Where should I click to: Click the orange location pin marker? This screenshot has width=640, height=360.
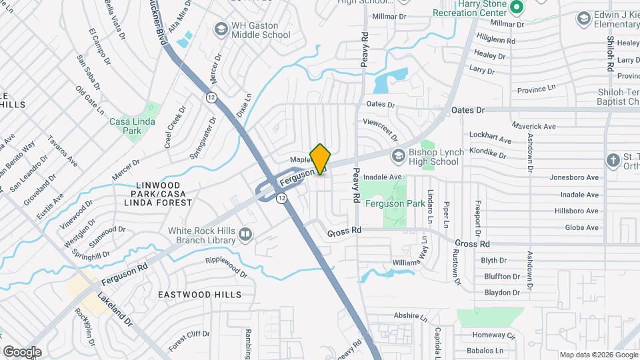320,159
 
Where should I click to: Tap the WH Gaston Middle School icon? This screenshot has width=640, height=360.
221,30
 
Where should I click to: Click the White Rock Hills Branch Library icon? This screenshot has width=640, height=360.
246,234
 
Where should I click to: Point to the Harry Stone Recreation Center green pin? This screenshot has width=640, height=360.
516,7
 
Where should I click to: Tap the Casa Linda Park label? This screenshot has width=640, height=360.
132,126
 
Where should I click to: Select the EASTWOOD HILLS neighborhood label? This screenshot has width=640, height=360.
199,294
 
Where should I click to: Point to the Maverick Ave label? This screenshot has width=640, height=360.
534,125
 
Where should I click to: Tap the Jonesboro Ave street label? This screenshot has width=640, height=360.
574,177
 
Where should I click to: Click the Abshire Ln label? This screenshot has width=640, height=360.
410,316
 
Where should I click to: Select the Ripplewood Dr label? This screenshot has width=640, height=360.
231,265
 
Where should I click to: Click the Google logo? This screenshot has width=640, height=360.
22,351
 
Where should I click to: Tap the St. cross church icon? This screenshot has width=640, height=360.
613,160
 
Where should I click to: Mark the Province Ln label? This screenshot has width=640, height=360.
537,89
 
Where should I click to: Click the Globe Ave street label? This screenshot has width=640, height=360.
581,227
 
